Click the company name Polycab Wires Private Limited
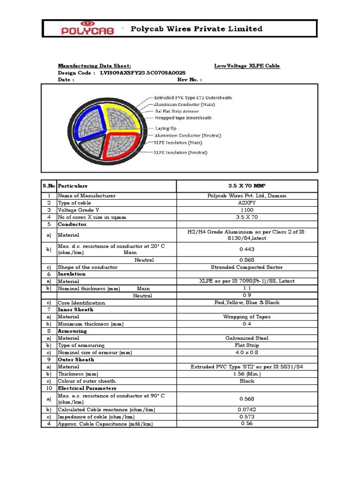tap(196, 29)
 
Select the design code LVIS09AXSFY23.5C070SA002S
tap(143, 73)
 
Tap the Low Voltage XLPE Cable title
tap(247, 66)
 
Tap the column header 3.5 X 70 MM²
tap(247, 186)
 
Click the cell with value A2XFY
tap(247, 203)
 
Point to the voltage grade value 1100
tap(247, 210)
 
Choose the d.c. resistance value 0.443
tap(247, 249)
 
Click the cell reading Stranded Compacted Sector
tap(247, 267)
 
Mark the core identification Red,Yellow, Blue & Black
tap(247, 303)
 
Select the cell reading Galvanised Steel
tap(247, 338)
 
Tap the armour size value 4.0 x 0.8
tap(247, 352)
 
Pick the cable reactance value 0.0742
tap(247, 410)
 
